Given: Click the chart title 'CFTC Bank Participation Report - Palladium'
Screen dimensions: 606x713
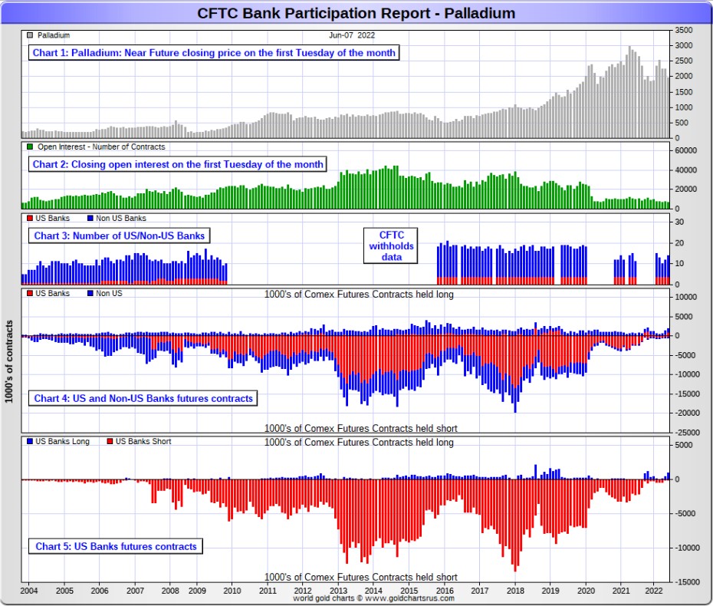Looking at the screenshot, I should tap(356, 13).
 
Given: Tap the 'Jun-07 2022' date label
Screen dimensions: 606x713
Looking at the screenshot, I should tap(352, 35).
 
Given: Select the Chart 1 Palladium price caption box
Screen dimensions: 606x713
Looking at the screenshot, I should tap(214, 53).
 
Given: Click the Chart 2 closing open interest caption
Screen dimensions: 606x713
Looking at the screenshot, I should tap(177, 164).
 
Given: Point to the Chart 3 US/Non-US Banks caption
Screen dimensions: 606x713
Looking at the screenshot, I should tap(119, 235).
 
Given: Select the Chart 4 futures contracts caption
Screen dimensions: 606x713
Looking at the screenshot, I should tap(143, 399).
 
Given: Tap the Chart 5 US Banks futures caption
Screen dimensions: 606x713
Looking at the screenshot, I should tap(116, 547).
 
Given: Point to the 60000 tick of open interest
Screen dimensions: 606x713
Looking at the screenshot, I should tap(685, 150).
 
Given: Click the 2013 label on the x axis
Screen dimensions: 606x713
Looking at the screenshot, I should tap(338, 591).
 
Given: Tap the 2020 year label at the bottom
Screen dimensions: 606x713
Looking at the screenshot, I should tap(586, 591).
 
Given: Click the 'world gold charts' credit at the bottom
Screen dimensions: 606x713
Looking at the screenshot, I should tap(373, 599).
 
